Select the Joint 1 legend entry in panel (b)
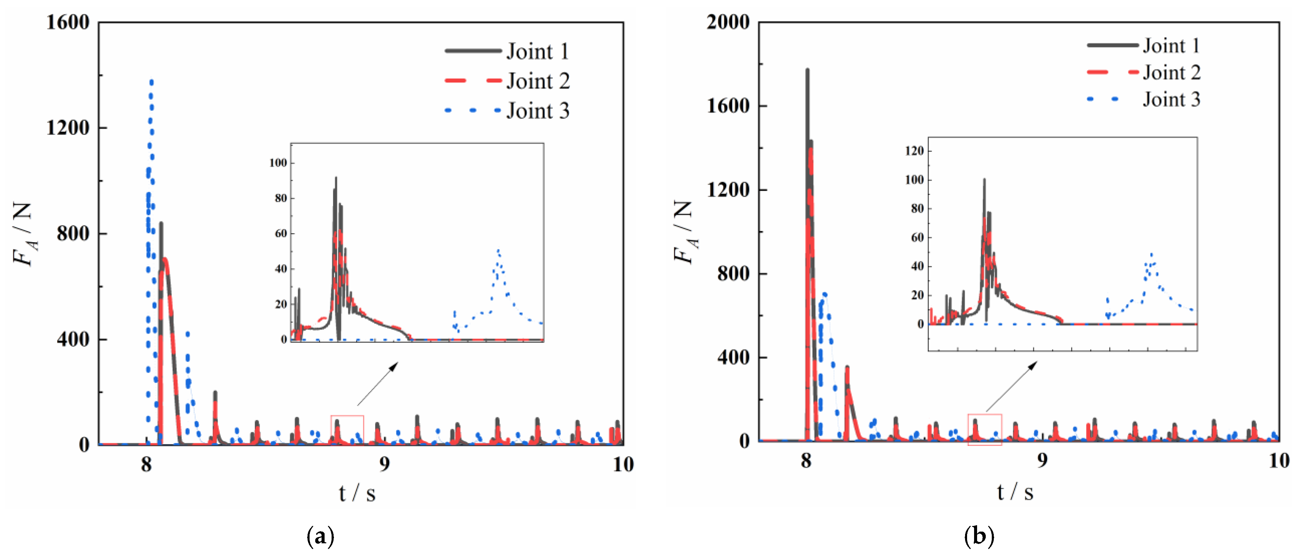tap(1171, 46)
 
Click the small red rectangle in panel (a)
tap(347, 430)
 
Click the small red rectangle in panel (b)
tap(984, 430)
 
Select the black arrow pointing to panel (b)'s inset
tap(1011, 386)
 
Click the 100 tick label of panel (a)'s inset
tap(278, 163)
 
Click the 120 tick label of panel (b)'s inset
tap(914, 151)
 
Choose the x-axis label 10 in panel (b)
tap(1278, 461)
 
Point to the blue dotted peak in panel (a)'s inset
tap(498, 250)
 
